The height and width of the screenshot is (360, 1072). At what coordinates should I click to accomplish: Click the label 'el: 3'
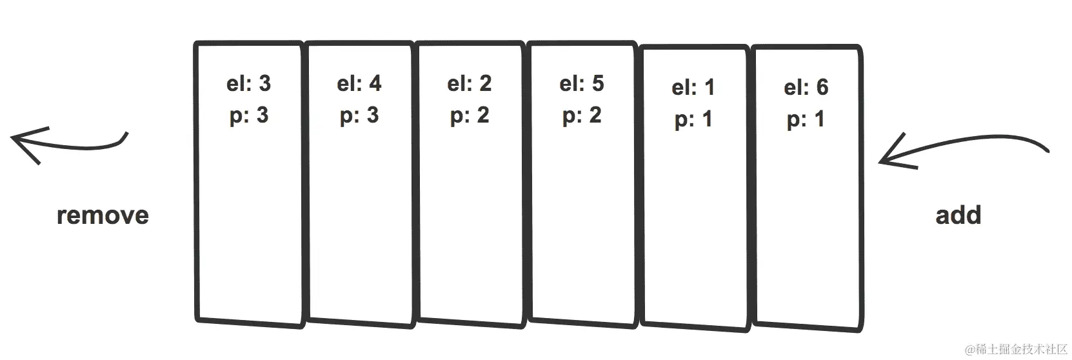[x=248, y=84]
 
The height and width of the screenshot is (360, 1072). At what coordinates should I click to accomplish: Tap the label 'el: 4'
[x=359, y=84]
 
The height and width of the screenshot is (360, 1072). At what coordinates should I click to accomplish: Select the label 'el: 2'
[x=470, y=84]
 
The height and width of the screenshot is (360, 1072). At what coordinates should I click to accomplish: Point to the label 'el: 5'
[x=582, y=84]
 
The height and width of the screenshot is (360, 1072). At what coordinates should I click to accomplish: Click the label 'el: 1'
[x=693, y=88]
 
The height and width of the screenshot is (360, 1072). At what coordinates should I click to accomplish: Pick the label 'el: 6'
[x=806, y=88]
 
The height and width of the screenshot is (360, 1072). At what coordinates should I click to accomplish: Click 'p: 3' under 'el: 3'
[x=248, y=116]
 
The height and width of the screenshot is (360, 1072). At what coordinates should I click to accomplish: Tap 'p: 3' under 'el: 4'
[x=359, y=116]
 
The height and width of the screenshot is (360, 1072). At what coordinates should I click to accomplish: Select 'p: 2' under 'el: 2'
[x=470, y=116]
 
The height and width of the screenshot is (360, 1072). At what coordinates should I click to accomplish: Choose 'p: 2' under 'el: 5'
[x=582, y=116]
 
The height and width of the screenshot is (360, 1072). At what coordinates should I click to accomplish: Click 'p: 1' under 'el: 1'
[x=693, y=120]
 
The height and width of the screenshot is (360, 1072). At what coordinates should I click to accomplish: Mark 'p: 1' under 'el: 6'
[x=806, y=120]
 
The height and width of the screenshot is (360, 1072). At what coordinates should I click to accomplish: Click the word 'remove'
[x=103, y=215]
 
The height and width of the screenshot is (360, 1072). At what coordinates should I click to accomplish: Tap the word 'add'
[x=958, y=215]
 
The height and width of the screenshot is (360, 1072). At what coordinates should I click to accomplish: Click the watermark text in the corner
[x=1016, y=349]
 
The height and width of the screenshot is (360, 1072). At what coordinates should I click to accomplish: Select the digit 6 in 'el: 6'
[x=822, y=88]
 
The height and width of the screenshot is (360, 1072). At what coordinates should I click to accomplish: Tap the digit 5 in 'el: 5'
[x=598, y=84]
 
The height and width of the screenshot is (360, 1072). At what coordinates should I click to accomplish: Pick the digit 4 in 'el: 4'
[x=375, y=84]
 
